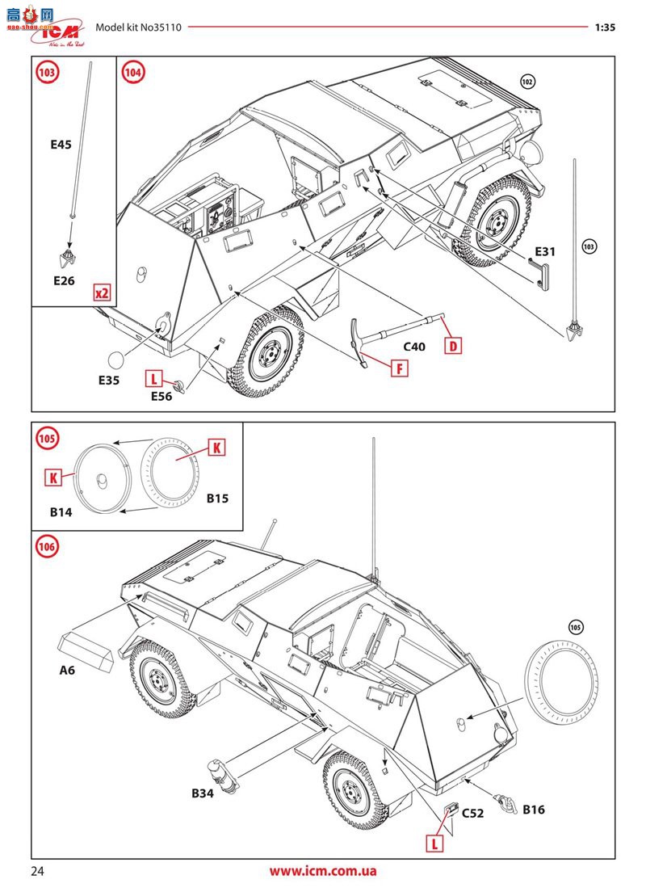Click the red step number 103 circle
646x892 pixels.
pos(48,73)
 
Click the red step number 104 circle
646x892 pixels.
pos(133,73)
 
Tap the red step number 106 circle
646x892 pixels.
pos(48,547)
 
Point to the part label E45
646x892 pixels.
pos(61,145)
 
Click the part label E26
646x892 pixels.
pos(63,280)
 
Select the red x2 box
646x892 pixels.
pos(102,292)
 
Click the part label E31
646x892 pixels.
pos(543,251)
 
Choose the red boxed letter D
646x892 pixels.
pos(453,347)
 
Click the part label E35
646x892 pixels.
pos(107,380)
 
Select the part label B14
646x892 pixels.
pos(62,512)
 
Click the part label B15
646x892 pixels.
pos(217,499)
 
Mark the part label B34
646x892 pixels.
pos(203,793)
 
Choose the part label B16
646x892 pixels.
pos(535,809)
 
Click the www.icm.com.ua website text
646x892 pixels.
pos(323,871)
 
